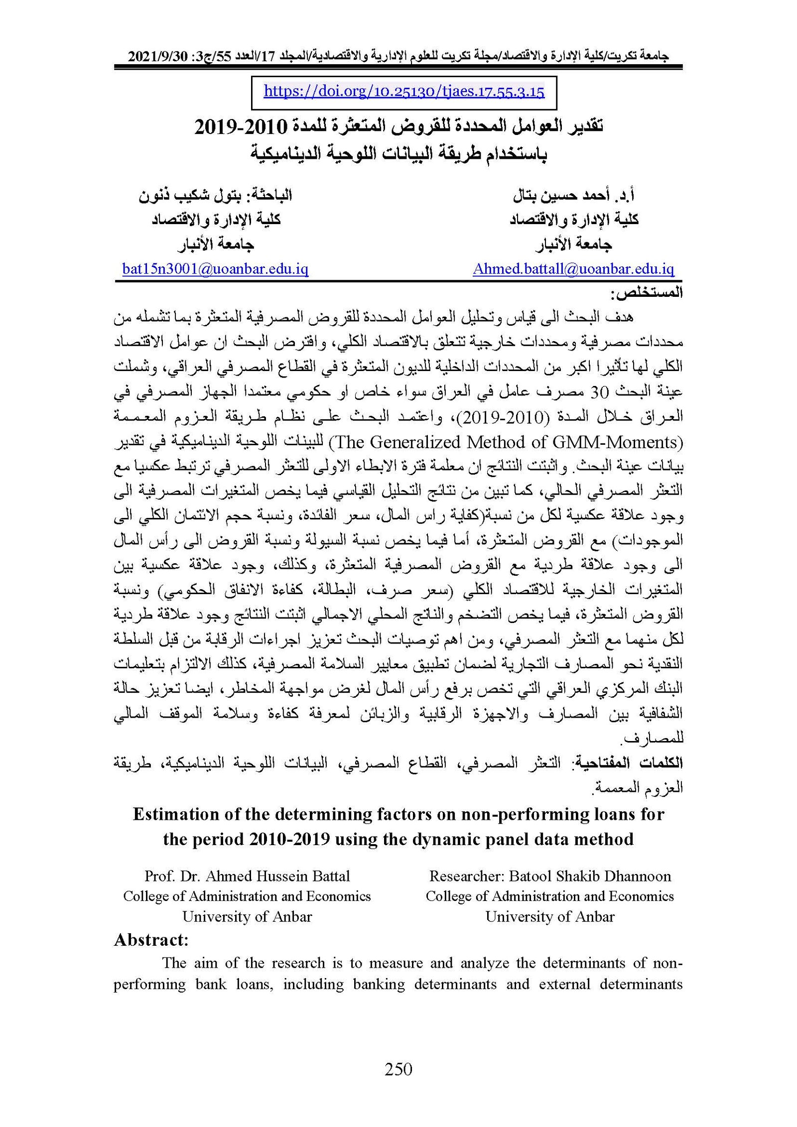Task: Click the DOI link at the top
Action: (404, 91)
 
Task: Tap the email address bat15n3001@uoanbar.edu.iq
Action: (215, 269)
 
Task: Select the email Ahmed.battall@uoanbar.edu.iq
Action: (573, 269)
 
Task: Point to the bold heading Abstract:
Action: (151, 940)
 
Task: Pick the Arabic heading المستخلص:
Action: (646, 293)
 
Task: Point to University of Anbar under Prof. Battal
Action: (247, 916)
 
